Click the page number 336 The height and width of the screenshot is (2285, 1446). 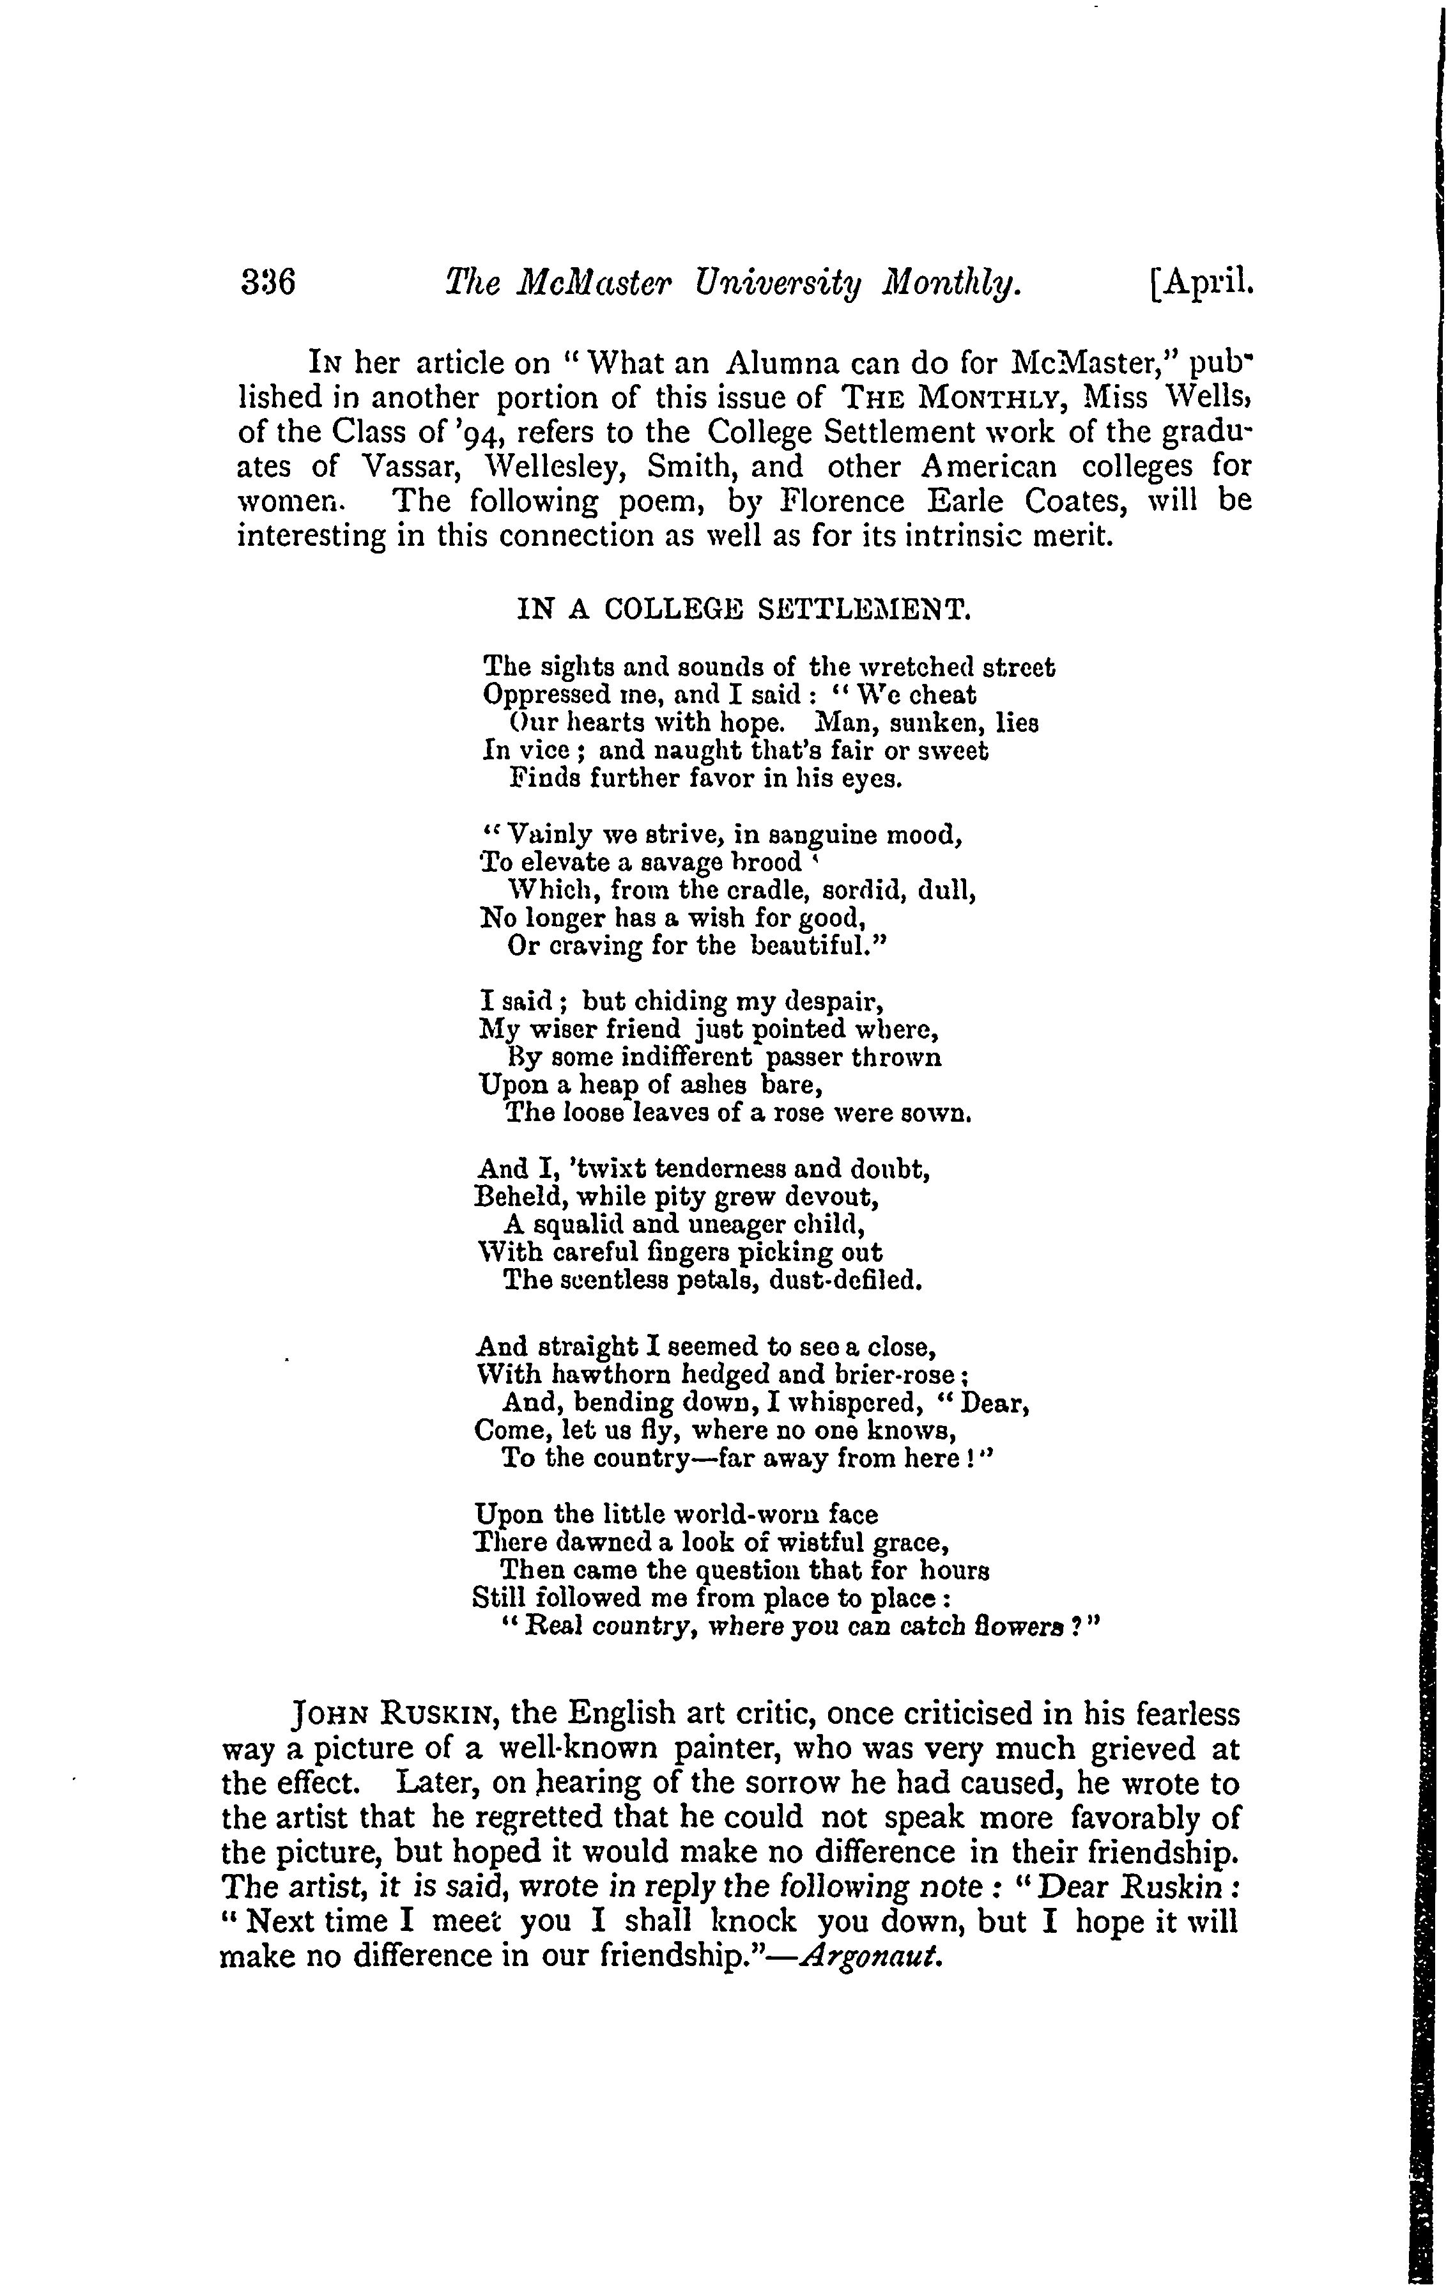[268, 282]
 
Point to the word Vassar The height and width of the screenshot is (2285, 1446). [419, 467]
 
